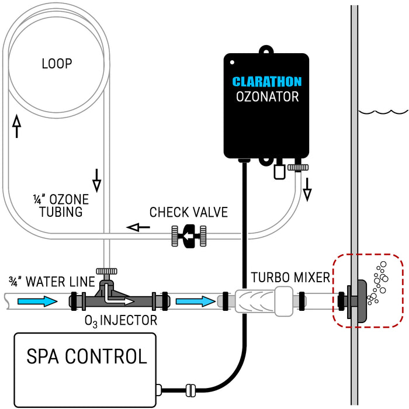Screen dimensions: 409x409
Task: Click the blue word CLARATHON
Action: pos(267,81)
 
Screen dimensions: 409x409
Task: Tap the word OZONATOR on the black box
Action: pos(268,97)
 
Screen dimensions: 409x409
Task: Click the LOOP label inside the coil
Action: pos(57,64)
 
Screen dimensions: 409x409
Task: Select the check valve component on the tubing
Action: pos(189,236)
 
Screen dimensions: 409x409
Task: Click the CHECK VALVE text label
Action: pos(189,212)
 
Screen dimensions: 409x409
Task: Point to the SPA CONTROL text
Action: pos(87,356)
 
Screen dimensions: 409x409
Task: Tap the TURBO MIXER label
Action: pos(290,278)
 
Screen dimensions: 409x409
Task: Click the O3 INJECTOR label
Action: pos(121,321)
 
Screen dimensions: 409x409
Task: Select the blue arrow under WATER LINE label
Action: pos(37,301)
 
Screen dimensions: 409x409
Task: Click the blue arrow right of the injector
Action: pos(196,301)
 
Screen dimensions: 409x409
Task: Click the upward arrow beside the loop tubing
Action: pos(17,126)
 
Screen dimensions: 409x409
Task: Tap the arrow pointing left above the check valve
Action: pos(138,227)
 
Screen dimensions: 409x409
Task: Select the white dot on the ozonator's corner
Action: pos(232,63)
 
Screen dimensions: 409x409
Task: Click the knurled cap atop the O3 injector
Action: pos(107,271)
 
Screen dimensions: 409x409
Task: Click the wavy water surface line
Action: pos(383,112)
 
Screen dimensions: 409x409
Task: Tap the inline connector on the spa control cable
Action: pos(190,390)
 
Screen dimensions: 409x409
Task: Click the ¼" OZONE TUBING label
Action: pos(61,206)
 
